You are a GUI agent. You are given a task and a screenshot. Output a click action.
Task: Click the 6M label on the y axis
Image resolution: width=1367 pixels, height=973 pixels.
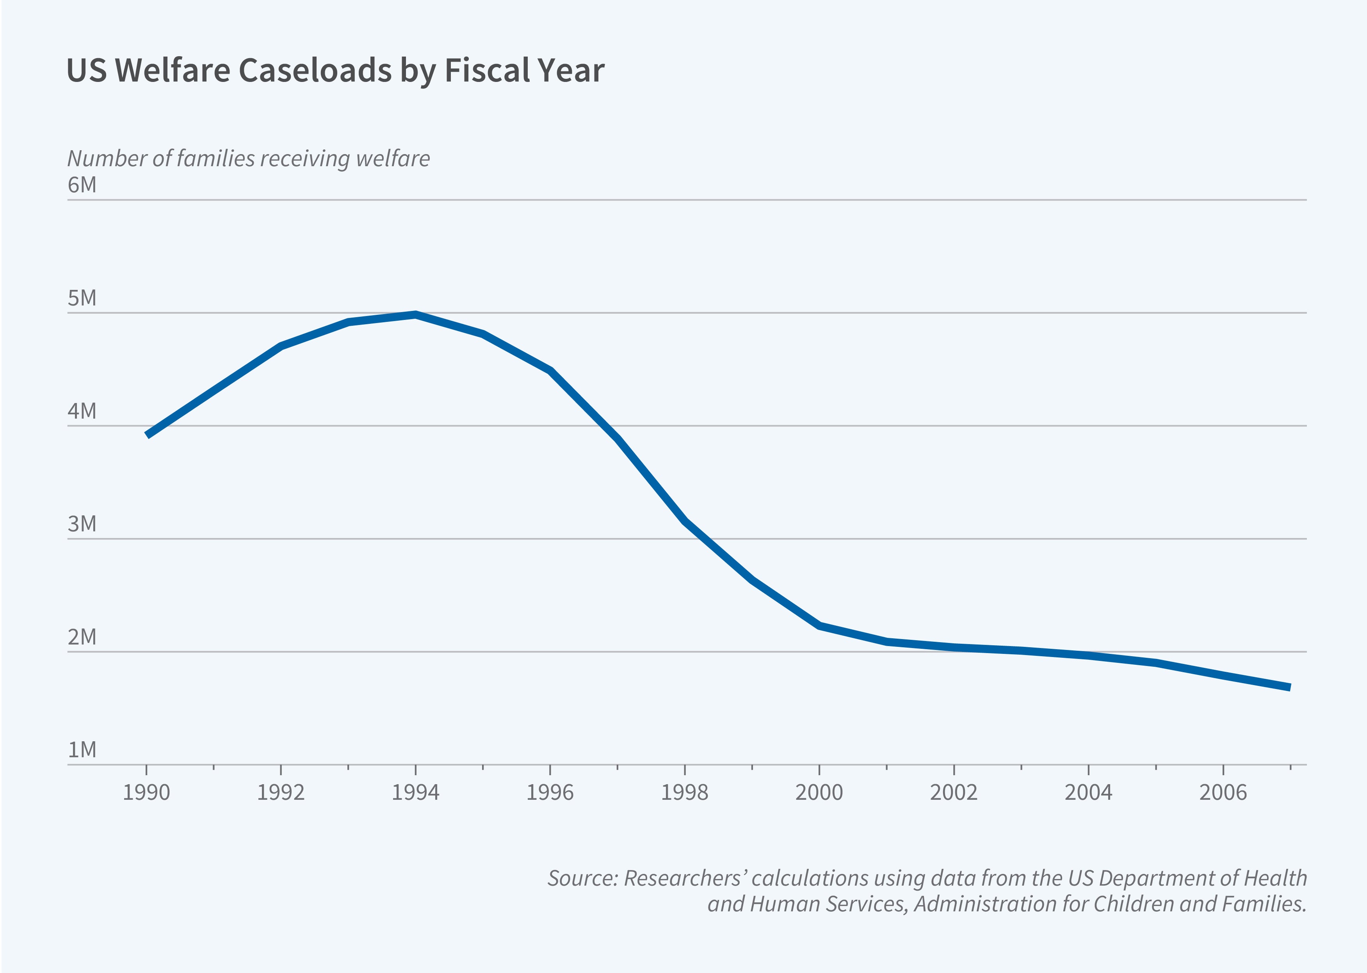[82, 185]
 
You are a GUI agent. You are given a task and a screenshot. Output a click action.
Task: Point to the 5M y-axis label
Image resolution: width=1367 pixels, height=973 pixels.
[82, 298]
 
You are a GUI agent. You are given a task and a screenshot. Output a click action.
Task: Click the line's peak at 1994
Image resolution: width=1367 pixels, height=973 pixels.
[415, 314]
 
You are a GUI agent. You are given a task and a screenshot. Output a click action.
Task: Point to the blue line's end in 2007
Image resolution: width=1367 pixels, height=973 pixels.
[1289, 687]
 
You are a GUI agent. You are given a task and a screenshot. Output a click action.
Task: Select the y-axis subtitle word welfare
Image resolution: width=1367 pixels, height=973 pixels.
[393, 159]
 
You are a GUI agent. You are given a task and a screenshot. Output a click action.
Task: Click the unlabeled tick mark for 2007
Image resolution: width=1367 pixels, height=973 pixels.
[1290, 767]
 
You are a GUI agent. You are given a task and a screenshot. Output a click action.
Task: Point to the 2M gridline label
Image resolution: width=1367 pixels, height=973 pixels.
[82, 637]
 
